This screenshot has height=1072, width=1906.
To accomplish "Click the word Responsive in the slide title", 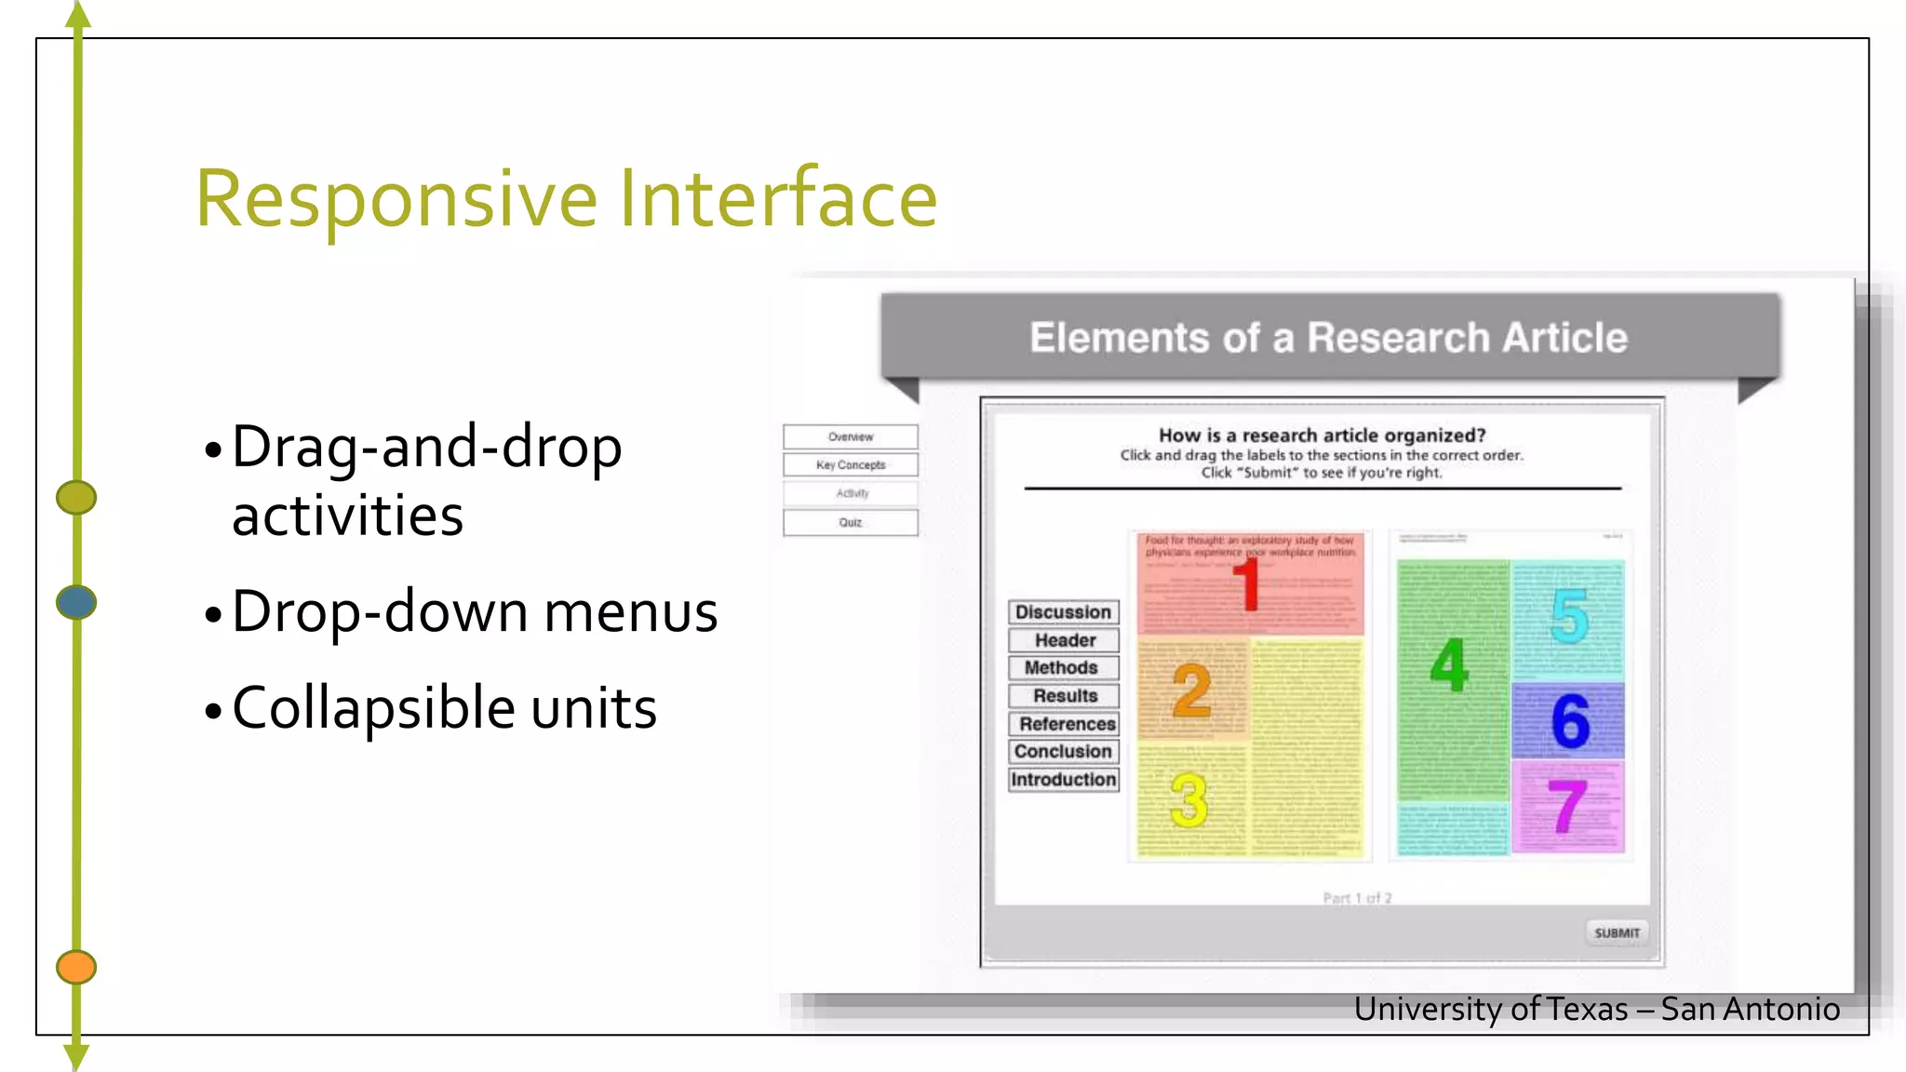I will pos(396,199).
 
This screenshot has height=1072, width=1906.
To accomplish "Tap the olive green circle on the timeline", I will pos(76,497).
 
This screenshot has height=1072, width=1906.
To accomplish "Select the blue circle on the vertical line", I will pos(76,602).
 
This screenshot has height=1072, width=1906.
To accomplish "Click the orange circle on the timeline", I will pos(76,967).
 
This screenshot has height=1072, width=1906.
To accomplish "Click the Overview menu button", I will pos(850,436).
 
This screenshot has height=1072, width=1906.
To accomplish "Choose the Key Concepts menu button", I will pos(850,464).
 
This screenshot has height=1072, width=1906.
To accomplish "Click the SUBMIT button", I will pos(1617,932).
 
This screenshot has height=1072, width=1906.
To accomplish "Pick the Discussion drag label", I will pos(1063,612).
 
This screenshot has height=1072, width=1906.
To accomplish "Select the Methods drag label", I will pos(1063,668).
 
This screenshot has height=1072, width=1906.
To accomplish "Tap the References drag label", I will pos(1065,724).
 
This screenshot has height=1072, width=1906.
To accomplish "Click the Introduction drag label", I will pos(1063,780).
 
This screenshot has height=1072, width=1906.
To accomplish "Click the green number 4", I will pos(1449,665).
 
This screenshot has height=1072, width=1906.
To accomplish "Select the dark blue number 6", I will pos(1570,721).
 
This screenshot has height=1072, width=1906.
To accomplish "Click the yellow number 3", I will pos(1188,800).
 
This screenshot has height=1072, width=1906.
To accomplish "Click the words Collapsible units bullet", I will pos(444,708).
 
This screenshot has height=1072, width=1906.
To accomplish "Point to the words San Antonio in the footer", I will pos(1750,1010).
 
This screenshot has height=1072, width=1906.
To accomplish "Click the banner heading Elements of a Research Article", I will pos(1328,338).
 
